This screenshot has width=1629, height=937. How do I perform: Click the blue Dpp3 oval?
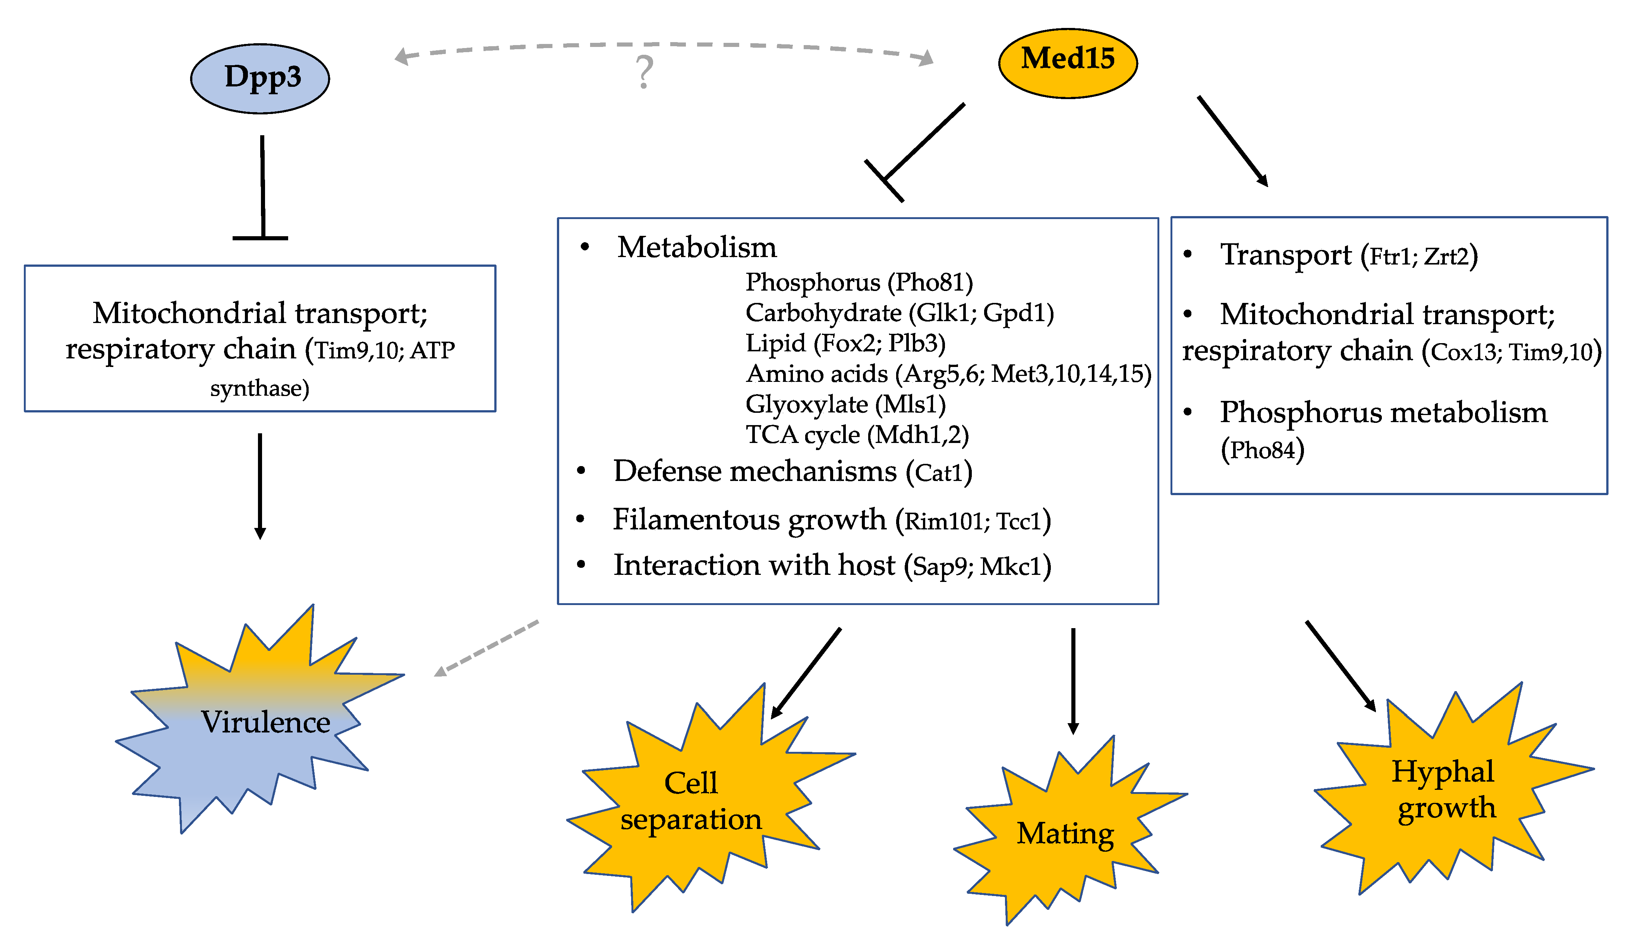click(x=260, y=79)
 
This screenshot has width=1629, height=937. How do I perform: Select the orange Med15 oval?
click(x=1068, y=63)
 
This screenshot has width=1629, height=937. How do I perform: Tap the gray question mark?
click(x=644, y=72)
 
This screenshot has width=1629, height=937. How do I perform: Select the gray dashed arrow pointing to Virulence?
click(x=486, y=648)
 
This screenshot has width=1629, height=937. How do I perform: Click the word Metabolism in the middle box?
click(x=697, y=247)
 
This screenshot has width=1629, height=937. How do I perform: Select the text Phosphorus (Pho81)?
click(x=859, y=282)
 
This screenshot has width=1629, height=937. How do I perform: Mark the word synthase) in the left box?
click(x=259, y=388)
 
